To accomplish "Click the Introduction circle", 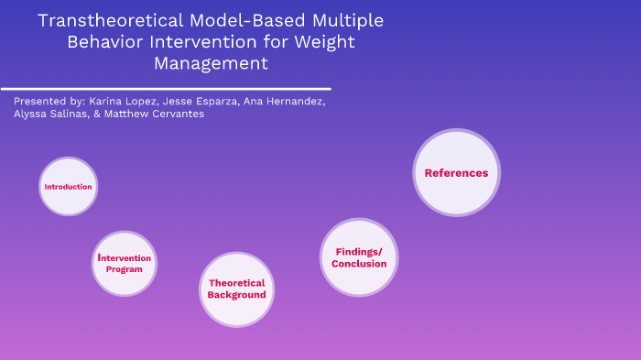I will [69, 187].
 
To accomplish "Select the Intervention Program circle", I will [125, 264].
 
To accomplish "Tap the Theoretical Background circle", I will [236, 289].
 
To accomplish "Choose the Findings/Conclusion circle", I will [359, 257].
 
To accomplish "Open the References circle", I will [456, 173].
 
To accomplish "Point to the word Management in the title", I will [212, 63].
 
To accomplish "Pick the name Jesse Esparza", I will [205, 101].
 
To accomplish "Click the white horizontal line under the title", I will [166, 89].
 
